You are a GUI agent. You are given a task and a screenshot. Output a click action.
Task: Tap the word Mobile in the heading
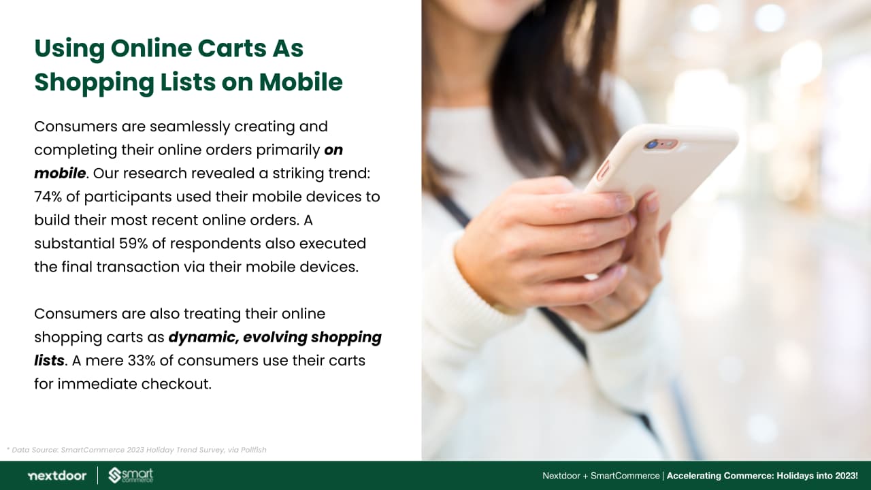tap(301, 82)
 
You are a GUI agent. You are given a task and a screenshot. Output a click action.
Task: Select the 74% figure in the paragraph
tap(48, 197)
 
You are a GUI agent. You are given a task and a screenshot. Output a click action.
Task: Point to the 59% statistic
tap(133, 244)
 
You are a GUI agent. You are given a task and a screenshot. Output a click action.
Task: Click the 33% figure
tap(142, 361)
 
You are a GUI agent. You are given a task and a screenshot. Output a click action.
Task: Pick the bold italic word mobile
tap(60, 174)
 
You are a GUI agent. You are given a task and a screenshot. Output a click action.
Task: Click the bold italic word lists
tap(49, 361)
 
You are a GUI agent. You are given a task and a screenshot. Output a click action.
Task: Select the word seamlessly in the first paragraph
tap(190, 127)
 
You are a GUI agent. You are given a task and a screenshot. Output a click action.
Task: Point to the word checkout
tap(176, 385)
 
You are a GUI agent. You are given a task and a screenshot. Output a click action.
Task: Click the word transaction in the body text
tap(138, 267)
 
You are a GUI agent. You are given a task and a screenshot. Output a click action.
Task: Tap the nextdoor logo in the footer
tap(57, 476)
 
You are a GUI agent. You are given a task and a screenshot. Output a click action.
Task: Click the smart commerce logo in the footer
tap(131, 475)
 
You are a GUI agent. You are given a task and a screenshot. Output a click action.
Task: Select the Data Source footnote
tap(137, 450)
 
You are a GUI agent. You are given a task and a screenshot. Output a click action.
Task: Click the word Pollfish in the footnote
tap(254, 450)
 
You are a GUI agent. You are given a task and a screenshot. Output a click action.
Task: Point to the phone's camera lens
tap(651, 145)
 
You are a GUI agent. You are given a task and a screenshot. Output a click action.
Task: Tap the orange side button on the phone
tap(603, 171)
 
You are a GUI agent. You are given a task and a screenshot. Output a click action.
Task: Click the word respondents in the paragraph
tap(216, 244)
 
